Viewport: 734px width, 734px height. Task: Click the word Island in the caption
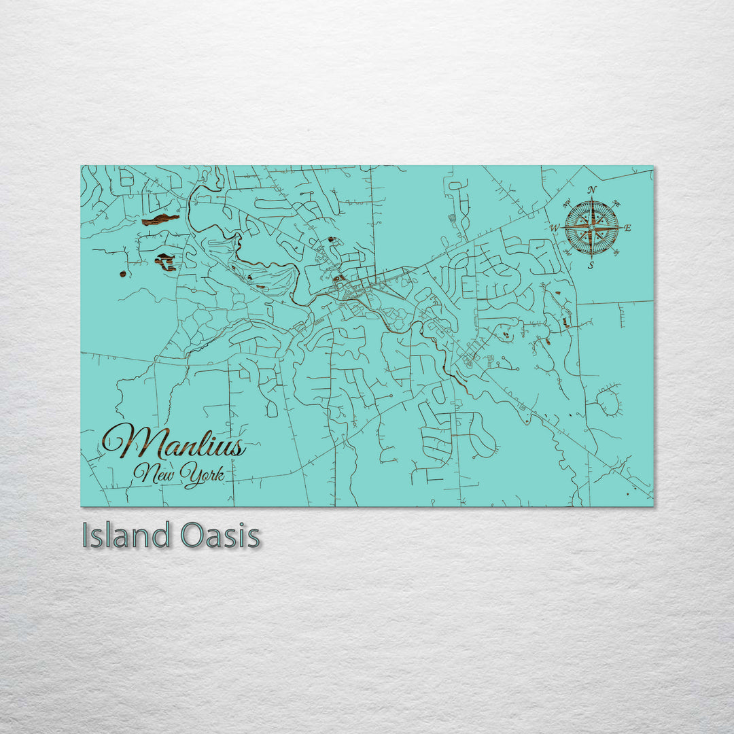(125, 536)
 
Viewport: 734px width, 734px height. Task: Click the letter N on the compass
(592, 190)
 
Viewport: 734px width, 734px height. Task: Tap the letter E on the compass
(627, 228)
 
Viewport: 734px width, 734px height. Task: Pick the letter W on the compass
(555, 228)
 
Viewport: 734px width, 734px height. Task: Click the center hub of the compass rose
(592, 228)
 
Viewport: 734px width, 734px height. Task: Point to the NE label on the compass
(617, 203)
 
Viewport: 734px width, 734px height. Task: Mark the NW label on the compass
(567, 203)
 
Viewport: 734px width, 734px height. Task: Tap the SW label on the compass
(567, 253)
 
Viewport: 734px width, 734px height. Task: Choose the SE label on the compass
(617, 253)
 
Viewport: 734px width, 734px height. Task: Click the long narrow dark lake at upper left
(160, 220)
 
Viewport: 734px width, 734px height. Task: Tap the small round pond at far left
(123, 274)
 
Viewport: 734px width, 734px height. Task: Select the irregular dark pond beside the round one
(165, 262)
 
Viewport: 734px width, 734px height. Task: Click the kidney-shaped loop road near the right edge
(609, 402)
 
